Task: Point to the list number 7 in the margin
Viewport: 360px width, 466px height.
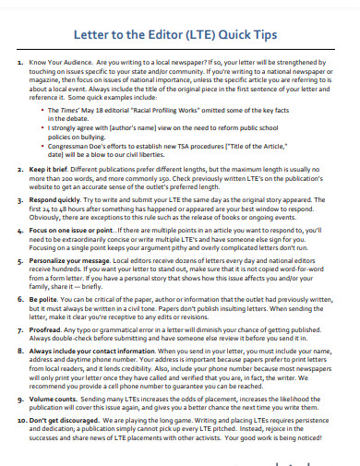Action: point(23,329)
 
